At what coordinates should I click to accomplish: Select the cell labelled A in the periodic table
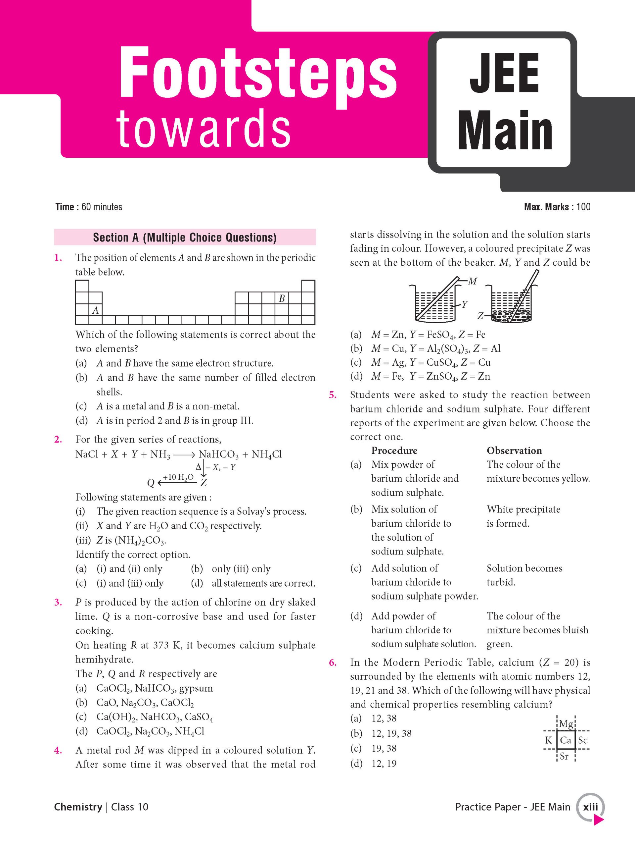tap(96, 310)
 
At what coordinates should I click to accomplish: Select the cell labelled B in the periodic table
tap(282, 298)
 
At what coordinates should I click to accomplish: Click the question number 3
tap(58, 602)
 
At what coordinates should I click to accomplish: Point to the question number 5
tap(333, 395)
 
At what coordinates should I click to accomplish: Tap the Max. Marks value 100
tap(583, 207)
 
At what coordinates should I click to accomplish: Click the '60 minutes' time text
tap(102, 207)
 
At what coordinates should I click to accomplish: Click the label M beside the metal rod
tap(473, 281)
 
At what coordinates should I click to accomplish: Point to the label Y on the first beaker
tap(465, 305)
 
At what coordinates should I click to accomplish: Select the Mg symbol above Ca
tap(566, 724)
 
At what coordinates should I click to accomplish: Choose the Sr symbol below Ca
tap(564, 756)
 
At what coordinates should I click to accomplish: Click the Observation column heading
tap(514, 450)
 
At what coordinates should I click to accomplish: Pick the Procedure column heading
tap(394, 450)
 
